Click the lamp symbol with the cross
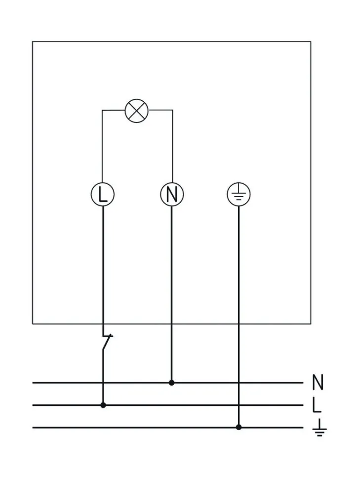(x=137, y=111)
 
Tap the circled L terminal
(x=102, y=195)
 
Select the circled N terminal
(x=172, y=195)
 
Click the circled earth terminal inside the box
(x=239, y=195)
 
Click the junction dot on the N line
(x=171, y=383)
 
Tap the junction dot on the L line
(x=103, y=405)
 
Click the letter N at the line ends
(x=318, y=382)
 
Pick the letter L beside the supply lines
(x=317, y=405)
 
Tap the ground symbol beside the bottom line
(x=319, y=428)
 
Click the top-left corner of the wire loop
(x=102, y=111)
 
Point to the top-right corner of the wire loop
(x=172, y=111)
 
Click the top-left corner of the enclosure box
(x=33, y=41)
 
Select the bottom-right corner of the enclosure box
(x=311, y=324)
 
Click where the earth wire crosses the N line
(x=239, y=383)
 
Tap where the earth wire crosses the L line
(x=239, y=405)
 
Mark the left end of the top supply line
(x=33, y=383)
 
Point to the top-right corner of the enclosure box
(x=311, y=41)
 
